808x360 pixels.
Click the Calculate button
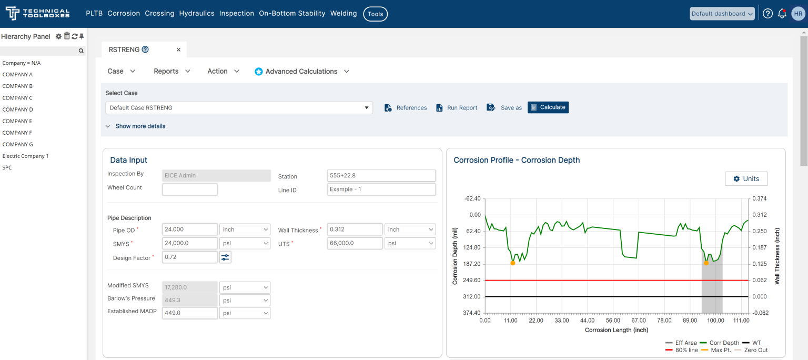click(548, 107)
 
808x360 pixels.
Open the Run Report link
click(457, 108)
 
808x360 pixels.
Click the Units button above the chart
click(745, 179)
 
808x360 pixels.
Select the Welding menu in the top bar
click(344, 14)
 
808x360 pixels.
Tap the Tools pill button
click(375, 14)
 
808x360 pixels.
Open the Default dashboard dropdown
click(722, 14)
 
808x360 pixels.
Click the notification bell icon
click(782, 14)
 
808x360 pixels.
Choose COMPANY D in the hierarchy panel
click(18, 109)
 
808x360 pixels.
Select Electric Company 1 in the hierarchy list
click(25, 156)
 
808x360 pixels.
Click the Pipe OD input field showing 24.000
click(189, 229)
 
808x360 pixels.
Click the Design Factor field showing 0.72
click(189, 257)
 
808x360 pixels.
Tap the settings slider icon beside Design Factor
click(225, 257)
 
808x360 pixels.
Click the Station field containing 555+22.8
click(381, 176)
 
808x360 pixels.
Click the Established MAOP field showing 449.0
click(189, 313)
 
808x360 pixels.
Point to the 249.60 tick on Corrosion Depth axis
click(472, 281)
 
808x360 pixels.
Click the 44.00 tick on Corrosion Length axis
click(588, 321)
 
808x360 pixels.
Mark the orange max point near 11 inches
click(512, 263)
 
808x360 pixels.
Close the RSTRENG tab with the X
click(178, 49)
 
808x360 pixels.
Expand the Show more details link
click(140, 126)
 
